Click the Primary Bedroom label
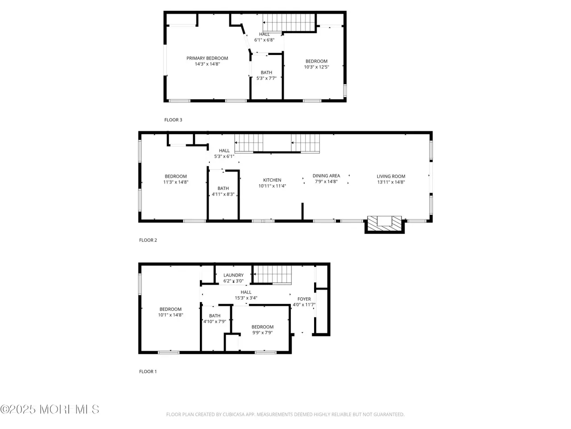tap(207, 58)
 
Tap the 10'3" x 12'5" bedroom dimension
tap(316, 67)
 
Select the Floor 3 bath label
tap(266, 72)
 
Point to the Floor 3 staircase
tap(289, 22)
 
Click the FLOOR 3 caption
tap(173, 120)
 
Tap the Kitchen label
tap(272, 180)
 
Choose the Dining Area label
tap(326, 176)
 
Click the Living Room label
tap(391, 177)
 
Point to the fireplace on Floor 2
tap(385, 224)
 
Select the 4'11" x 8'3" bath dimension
tap(223, 194)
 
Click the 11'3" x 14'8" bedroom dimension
tap(176, 182)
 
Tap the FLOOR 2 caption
tap(148, 240)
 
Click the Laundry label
tap(233, 275)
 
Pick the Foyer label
tap(304, 299)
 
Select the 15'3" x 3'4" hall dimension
tap(246, 298)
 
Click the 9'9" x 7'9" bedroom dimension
tap(262, 332)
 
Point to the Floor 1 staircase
tap(273, 274)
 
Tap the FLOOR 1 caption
tap(148, 371)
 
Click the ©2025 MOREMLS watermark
tap(50, 409)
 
